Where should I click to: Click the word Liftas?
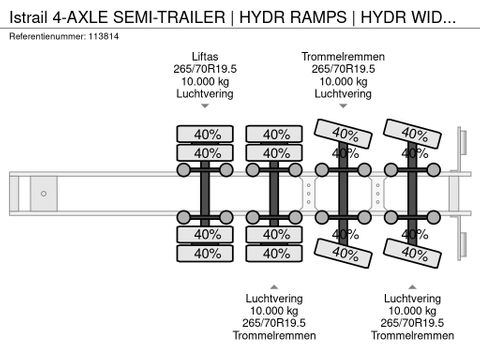(203, 56)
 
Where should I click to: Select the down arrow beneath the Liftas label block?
(203, 106)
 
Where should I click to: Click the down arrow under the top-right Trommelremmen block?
(343, 106)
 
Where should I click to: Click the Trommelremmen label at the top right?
(343, 56)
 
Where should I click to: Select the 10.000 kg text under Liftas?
(203, 81)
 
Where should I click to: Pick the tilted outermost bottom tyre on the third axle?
(343, 254)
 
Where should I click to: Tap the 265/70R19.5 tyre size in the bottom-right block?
(412, 322)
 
